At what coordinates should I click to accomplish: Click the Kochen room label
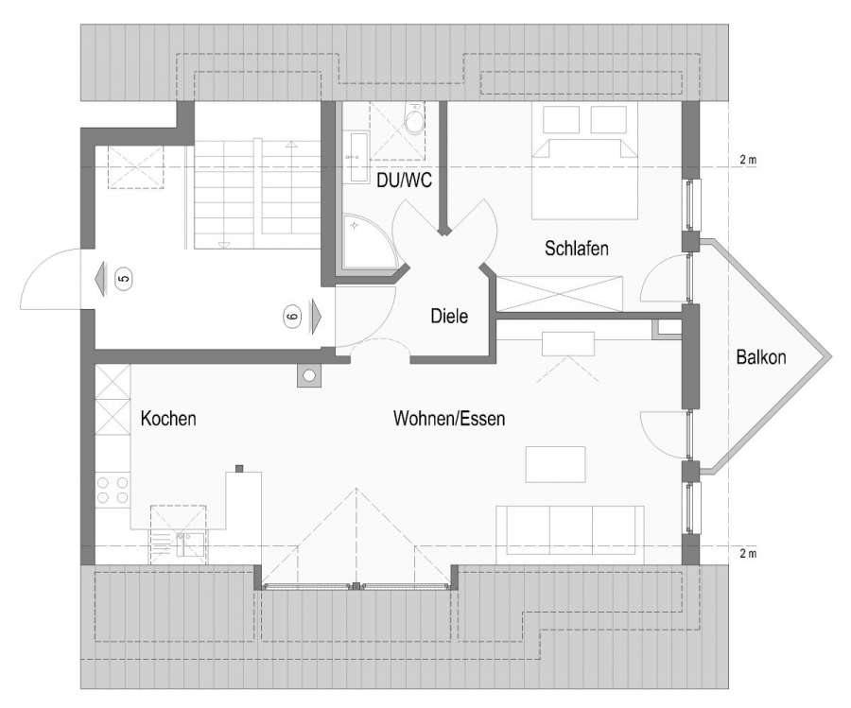168,419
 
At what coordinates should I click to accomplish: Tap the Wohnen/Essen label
448,419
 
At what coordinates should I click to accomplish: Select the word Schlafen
576,249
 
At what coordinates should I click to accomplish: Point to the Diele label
449,317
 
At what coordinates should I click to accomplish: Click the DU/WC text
404,181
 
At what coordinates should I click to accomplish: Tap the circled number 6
291,317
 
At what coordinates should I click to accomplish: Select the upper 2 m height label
747,161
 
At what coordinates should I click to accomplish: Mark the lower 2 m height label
747,553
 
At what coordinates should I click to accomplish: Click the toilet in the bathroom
413,121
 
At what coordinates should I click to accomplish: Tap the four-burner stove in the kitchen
113,492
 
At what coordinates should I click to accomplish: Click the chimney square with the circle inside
309,375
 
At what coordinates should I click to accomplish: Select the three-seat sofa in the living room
570,529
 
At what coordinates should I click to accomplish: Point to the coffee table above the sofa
555,463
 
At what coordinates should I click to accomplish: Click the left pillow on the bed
561,120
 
